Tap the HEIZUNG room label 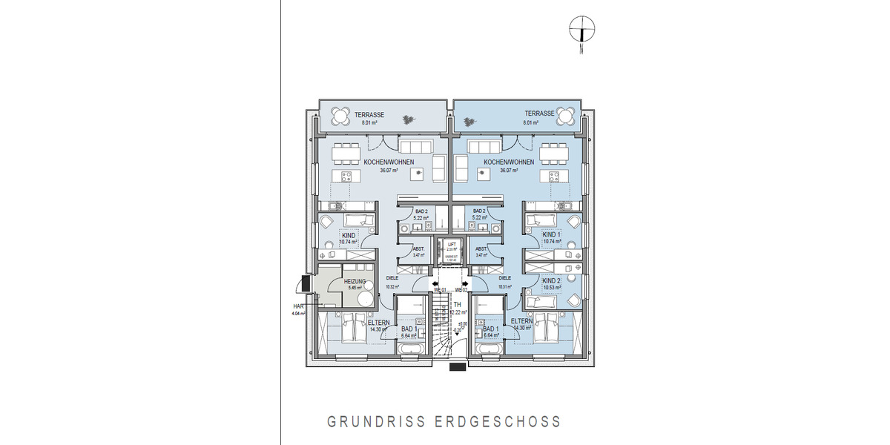click(355, 281)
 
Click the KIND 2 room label click(552, 281)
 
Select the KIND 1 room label click(552, 234)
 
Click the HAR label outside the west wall click(298, 306)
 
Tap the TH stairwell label click(458, 305)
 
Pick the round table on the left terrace click(341, 116)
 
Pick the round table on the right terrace click(566, 116)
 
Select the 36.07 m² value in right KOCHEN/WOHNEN click(509, 170)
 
